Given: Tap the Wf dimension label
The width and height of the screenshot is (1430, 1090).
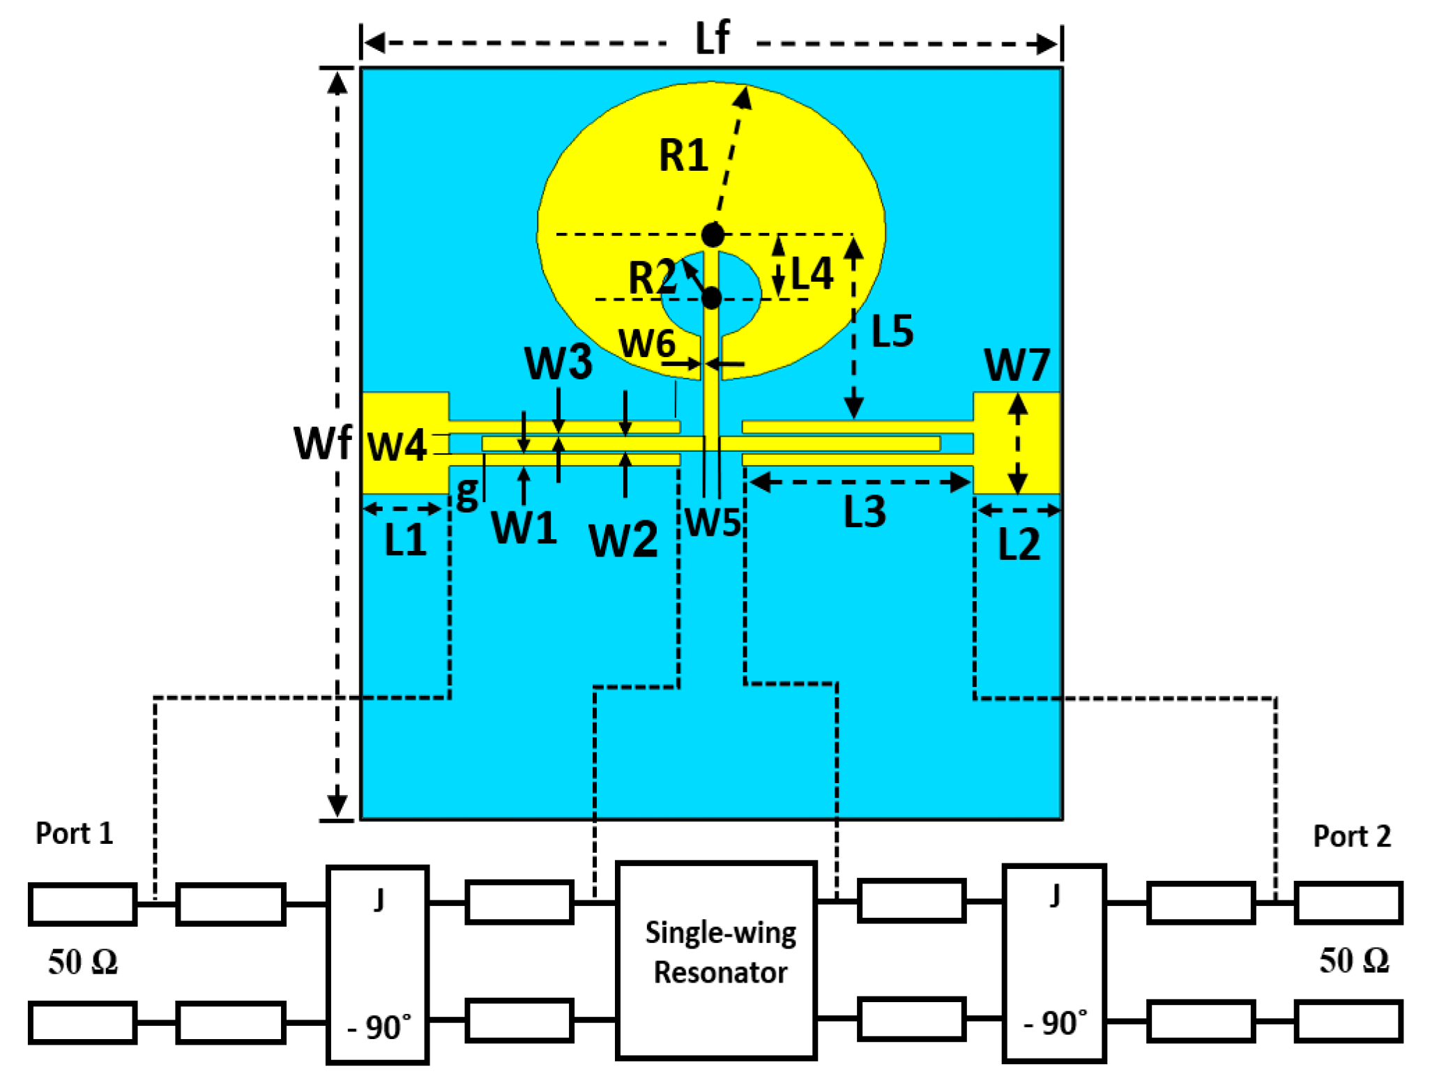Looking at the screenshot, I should (x=322, y=443).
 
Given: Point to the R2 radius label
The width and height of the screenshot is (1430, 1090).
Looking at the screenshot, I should (x=651, y=278).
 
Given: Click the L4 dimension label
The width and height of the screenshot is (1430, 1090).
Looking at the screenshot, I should (x=812, y=273).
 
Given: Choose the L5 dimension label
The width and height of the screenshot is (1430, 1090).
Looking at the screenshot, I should (x=892, y=331).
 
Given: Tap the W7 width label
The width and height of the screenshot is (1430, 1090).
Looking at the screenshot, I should (x=1016, y=365).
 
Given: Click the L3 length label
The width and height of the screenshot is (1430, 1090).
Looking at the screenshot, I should (x=865, y=513).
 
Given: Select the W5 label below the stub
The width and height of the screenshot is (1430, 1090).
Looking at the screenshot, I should (x=713, y=522).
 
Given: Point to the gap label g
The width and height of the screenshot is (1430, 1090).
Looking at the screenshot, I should (x=467, y=492).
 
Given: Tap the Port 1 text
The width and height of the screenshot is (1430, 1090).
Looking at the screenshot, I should (x=74, y=833).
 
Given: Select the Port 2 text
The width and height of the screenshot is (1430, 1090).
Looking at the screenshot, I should (x=1351, y=836).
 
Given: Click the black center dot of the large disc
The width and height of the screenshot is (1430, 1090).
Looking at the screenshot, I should (x=713, y=235).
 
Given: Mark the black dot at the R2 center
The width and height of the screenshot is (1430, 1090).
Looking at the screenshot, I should (x=711, y=298).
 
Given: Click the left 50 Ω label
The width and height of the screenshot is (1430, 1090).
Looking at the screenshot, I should (x=83, y=962).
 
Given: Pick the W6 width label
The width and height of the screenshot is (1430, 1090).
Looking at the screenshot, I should (x=647, y=344).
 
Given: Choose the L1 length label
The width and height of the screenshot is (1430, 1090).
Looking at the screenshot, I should (x=405, y=540).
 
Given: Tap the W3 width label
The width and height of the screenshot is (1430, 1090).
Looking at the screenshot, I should (x=558, y=363).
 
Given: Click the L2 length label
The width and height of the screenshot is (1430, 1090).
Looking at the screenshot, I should (x=1019, y=545).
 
